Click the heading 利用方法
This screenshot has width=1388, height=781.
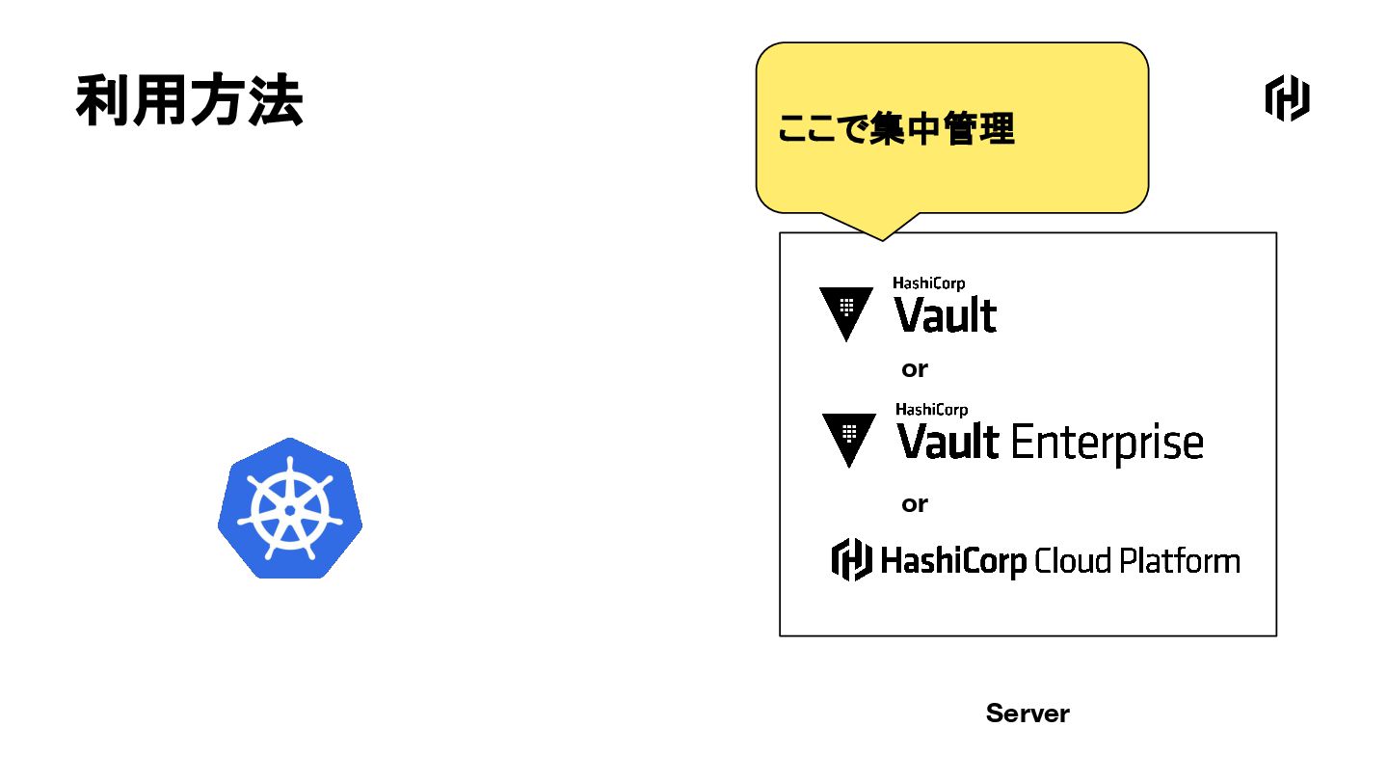[189, 100]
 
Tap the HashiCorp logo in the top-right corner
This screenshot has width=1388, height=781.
[1287, 98]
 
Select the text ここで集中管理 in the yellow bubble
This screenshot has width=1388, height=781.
[895, 129]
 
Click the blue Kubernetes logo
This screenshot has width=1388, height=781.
[290, 508]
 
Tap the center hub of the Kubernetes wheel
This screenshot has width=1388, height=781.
[290, 509]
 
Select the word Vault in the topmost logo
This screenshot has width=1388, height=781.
[946, 315]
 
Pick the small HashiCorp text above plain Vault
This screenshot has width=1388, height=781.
[928, 283]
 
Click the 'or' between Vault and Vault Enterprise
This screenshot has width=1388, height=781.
[915, 369]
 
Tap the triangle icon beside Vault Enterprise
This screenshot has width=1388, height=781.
[849, 438]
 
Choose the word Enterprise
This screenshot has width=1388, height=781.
[1107, 444]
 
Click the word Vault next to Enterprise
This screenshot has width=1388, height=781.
[948, 443]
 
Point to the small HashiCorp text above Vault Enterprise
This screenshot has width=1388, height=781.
[931, 410]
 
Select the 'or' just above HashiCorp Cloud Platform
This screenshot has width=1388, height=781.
[915, 504]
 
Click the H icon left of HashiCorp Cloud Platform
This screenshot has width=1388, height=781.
[852, 559]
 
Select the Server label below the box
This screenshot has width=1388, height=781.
[1028, 714]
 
